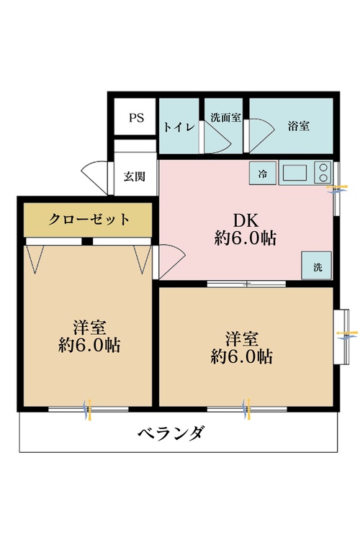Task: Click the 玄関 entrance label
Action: click(135, 176)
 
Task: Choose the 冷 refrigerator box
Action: click(263, 174)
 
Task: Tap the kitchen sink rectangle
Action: click(295, 173)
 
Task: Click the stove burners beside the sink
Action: click(323, 174)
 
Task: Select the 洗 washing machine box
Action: click(318, 266)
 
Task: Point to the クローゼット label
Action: click(89, 220)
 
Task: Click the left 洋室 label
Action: click(89, 325)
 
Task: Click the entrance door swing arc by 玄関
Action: click(96, 177)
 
